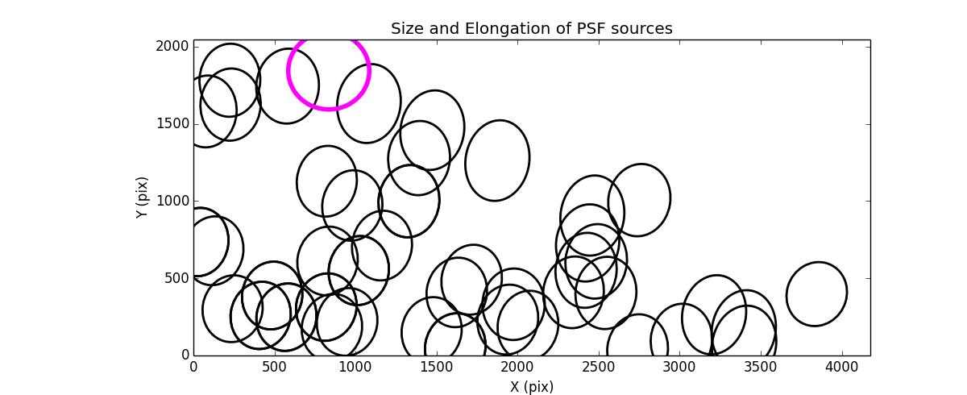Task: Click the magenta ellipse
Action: (329, 71)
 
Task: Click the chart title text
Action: (531, 29)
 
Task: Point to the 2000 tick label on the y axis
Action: (172, 47)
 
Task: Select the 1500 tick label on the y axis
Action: (172, 124)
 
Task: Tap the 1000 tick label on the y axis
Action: (172, 201)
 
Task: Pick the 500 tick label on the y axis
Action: (176, 278)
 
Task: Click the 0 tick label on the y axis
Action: (185, 355)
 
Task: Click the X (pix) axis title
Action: (531, 387)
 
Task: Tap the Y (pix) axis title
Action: (142, 197)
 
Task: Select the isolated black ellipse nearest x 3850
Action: (816, 294)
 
